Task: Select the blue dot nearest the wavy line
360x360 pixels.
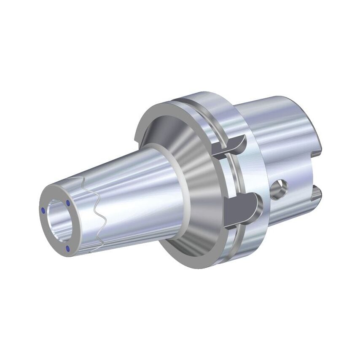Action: click(68, 203)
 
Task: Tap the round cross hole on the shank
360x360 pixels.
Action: click(279, 189)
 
